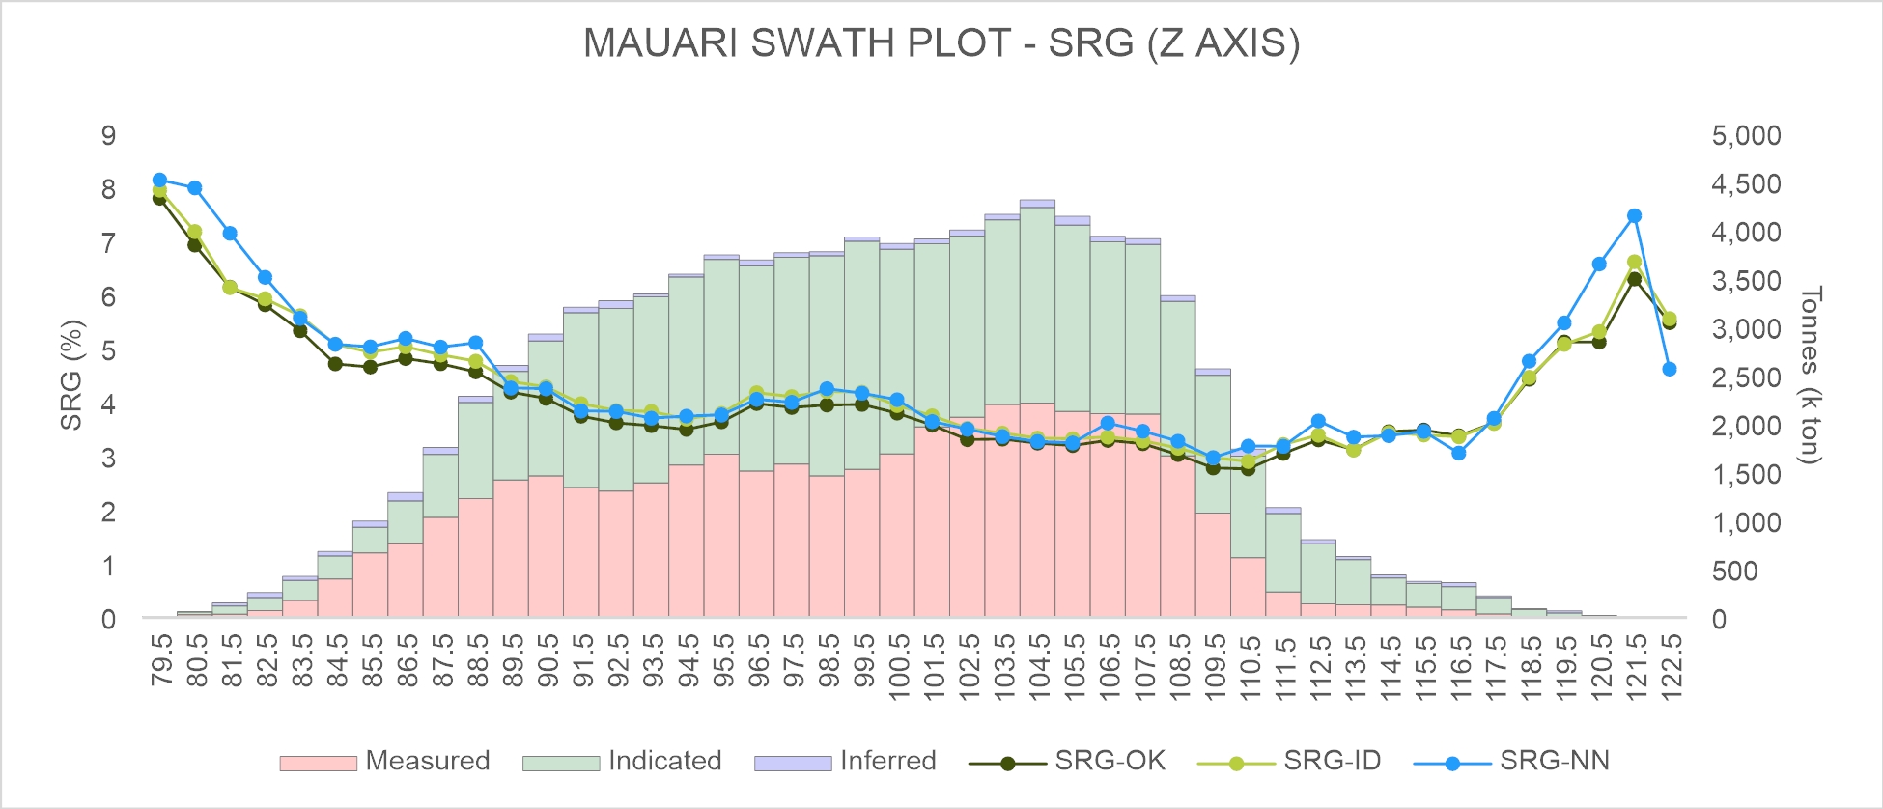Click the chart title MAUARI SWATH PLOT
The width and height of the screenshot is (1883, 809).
click(x=941, y=43)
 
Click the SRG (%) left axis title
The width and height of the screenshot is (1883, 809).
click(x=71, y=375)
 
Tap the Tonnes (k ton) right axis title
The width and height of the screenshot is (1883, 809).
click(x=1811, y=375)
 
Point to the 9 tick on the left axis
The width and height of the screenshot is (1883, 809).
click(x=108, y=135)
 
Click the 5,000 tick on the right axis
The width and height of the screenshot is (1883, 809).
click(x=1746, y=135)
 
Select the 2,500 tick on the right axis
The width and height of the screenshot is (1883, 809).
click(x=1746, y=377)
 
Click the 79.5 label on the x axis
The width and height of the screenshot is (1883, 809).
click(x=161, y=659)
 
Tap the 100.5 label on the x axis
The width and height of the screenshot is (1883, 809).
click(x=898, y=666)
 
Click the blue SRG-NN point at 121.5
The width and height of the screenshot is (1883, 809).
click(x=1634, y=216)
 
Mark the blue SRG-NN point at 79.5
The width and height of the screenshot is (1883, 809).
click(x=160, y=180)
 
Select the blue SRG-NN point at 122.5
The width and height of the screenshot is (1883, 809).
click(x=1670, y=369)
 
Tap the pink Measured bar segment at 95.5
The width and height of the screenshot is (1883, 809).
click(x=721, y=535)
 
